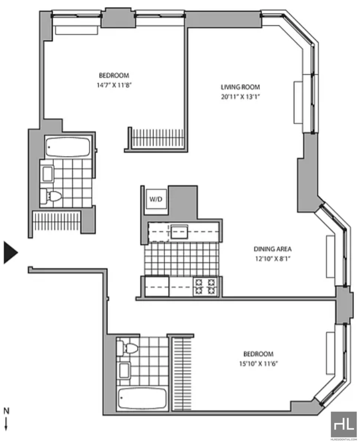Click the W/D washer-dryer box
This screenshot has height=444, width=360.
tap(156, 199)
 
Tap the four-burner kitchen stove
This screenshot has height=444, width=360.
tap(205, 286)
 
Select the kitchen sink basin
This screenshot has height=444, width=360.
tap(179, 231)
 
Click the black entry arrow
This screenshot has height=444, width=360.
tap(11, 253)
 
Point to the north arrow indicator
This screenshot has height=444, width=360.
tap(6, 419)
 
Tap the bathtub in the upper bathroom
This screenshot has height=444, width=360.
tap(67, 147)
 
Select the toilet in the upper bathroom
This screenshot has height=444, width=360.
tap(51, 196)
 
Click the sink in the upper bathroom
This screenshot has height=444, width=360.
tap(48, 174)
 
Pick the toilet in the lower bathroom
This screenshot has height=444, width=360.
tap(127, 348)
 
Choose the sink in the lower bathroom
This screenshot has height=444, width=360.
tap(125, 371)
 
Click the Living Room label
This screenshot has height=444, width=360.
tap(240, 87)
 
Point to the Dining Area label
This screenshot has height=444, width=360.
tap(273, 249)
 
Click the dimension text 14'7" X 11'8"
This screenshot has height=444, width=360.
tap(114, 85)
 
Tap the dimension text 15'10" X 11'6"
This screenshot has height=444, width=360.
tap(258, 363)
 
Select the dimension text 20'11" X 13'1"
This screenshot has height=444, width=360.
tap(241, 96)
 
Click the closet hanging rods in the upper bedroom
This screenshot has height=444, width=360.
tap(158, 138)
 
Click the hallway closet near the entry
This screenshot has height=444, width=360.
tap(57, 221)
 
